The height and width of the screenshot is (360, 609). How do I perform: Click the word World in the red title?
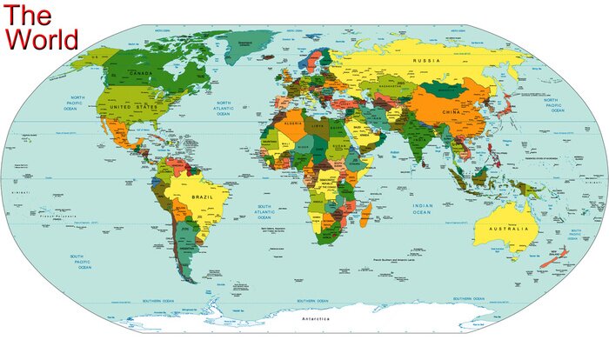tap(42, 39)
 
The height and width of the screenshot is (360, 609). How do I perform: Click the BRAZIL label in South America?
tap(202, 198)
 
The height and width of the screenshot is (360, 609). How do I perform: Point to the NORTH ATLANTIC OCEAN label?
tap(224, 108)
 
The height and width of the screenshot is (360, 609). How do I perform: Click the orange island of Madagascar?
tap(366, 214)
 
